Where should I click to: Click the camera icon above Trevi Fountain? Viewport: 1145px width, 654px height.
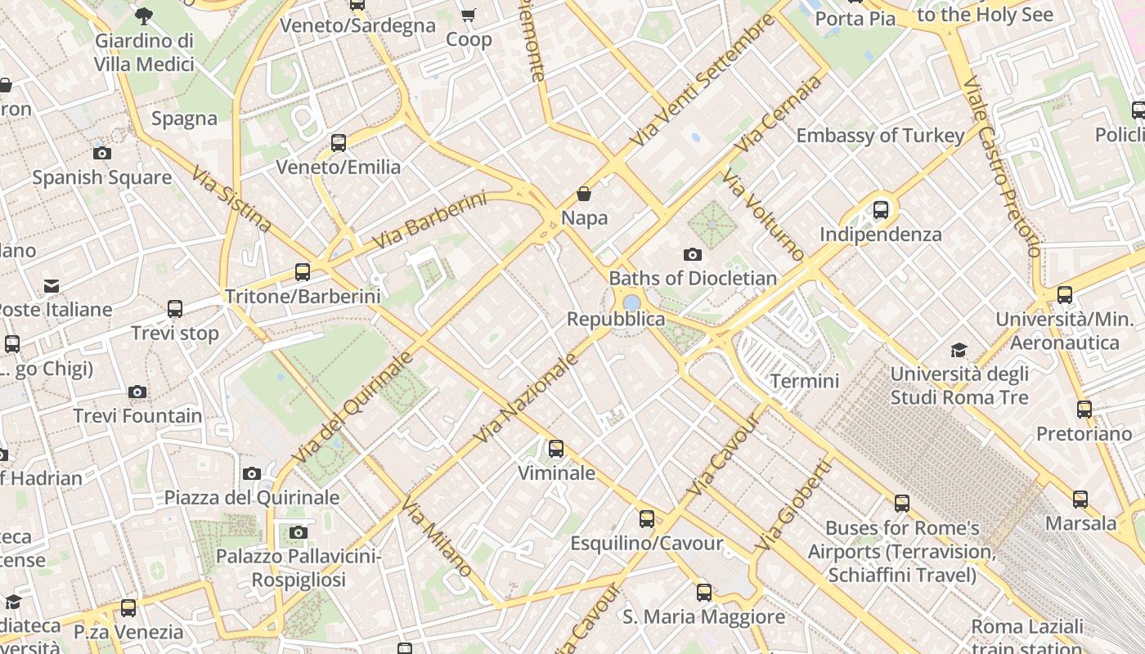click(x=137, y=392)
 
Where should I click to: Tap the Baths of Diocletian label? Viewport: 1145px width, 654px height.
click(x=693, y=278)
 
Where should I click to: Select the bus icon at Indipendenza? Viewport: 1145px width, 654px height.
click(x=881, y=210)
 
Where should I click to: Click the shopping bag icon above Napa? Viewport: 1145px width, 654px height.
click(x=584, y=194)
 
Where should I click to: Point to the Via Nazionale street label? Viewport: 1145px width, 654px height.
click(x=525, y=399)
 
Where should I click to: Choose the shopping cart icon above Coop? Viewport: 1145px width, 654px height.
click(x=469, y=16)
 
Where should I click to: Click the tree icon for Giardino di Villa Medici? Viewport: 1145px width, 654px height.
click(x=144, y=15)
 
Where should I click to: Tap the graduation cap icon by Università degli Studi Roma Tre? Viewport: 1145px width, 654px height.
click(x=959, y=351)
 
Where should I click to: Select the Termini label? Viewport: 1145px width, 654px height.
click(x=805, y=381)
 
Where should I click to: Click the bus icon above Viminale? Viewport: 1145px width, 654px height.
click(x=556, y=449)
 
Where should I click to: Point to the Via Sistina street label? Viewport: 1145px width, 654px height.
click(x=231, y=199)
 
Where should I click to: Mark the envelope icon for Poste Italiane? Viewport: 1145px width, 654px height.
click(x=52, y=286)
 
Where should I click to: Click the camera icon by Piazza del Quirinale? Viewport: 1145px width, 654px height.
click(x=252, y=473)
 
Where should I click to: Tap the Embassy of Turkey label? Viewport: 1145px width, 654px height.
click(x=880, y=136)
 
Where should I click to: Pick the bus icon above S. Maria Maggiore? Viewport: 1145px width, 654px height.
click(x=704, y=593)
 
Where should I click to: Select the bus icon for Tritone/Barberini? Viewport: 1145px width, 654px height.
click(x=303, y=272)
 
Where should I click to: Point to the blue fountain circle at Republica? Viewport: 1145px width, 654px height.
click(x=631, y=303)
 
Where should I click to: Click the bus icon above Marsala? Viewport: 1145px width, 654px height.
click(x=1080, y=499)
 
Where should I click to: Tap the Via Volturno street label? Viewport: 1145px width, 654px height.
click(x=764, y=217)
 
